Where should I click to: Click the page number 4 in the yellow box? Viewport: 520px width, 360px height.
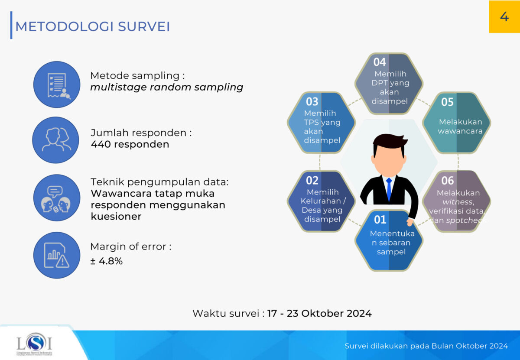tap(504, 16)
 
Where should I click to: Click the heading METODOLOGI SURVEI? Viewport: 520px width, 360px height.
tap(92, 26)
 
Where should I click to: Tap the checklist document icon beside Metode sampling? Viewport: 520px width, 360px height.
tap(57, 84)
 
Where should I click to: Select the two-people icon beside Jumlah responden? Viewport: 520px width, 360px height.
tap(56, 139)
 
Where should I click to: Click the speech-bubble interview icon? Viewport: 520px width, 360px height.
tap(56, 198)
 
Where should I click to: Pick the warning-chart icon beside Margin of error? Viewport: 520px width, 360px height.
tap(56, 256)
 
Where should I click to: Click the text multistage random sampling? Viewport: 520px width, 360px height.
tap(166, 87)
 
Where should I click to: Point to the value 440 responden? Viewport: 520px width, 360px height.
tap(130, 144)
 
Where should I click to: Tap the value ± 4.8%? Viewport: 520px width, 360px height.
tap(107, 261)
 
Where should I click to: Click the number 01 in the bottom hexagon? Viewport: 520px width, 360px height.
tap(380, 220)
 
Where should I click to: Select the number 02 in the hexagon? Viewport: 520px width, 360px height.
tap(312, 180)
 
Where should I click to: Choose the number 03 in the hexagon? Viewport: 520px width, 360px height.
tap(312, 102)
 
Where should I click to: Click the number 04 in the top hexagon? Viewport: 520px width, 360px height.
tap(380, 62)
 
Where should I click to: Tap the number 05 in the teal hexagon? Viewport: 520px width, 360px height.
tap(447, 102)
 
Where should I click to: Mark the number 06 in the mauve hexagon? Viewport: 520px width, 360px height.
tap(447, 180)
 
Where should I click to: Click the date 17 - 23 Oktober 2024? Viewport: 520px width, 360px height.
tap(319, 313)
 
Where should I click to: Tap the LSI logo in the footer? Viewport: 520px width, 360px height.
tap(34, 344)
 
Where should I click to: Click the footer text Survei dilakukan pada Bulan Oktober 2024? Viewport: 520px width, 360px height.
tap(426, 346)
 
